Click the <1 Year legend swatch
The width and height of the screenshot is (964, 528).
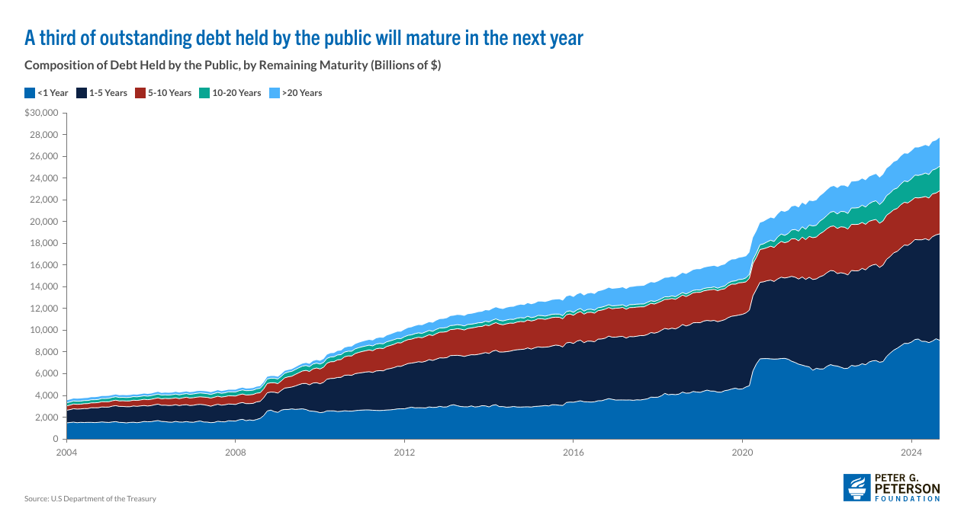coord(30,93)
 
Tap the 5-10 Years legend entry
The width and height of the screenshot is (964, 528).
coord(164,93)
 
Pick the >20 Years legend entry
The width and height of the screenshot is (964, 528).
coord(297,93)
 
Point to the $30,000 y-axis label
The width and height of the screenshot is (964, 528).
coord(41,114)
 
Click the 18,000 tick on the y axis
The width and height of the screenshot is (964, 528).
coord(44,244)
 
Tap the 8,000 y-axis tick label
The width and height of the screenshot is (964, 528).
coord(47,352)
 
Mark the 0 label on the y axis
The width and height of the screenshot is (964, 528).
coord(56,440)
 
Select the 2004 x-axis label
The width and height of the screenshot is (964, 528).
coord(66,453)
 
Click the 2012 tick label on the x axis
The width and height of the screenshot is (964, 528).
coord(404,453)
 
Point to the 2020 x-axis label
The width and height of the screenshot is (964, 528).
coord(743,453)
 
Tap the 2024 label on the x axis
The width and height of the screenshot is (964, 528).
coord(912,453)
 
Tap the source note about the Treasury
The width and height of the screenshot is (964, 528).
coord(90,499)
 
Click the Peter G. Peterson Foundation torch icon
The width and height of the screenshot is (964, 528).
coord(856,488)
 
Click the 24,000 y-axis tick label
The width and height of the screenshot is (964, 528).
coord(44,178)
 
